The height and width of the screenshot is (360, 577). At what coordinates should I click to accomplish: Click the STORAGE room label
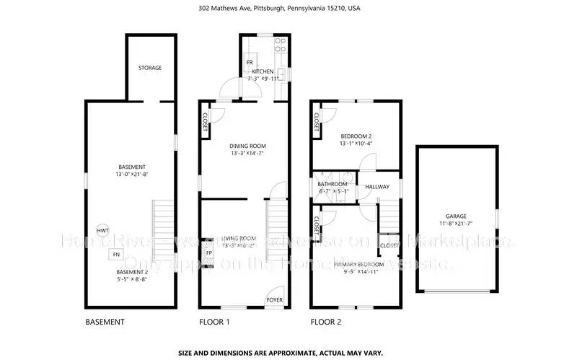pyautogui.click(x=150, y=68)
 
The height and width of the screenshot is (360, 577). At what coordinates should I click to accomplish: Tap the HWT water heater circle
pyautogui.click(x=104, y=230)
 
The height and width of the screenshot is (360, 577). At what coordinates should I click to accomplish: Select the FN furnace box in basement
pyautogui.click(x=115, y=254)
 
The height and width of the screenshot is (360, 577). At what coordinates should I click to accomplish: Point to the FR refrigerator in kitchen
pyautogui.click(x=250, y=63)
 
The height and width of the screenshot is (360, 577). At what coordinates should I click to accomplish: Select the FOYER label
pyautogui.click(x=274, y=299)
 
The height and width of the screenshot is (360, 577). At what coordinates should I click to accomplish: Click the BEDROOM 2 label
pyautogui.click(x=356, y=136)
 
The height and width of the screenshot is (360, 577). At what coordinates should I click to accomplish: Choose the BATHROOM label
pyautogui.click(x=333, y=184)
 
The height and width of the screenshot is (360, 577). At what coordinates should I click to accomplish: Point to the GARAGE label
pyautogui.click(x=456, y=216)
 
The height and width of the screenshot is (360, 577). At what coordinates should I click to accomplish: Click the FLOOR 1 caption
pyautogui.click(x=213, y=322)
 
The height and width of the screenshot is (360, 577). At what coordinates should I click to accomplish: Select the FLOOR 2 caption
pyautogui.click(x=325, y=322)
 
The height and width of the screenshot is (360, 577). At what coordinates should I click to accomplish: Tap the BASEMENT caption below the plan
pyautogui.click(x=105, y=322)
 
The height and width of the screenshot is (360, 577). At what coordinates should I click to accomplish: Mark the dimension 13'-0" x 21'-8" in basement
pyautogui.click(x=131, y=174)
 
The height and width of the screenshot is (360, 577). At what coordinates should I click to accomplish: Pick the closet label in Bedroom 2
pyautogui.click(x=317, y=123)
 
